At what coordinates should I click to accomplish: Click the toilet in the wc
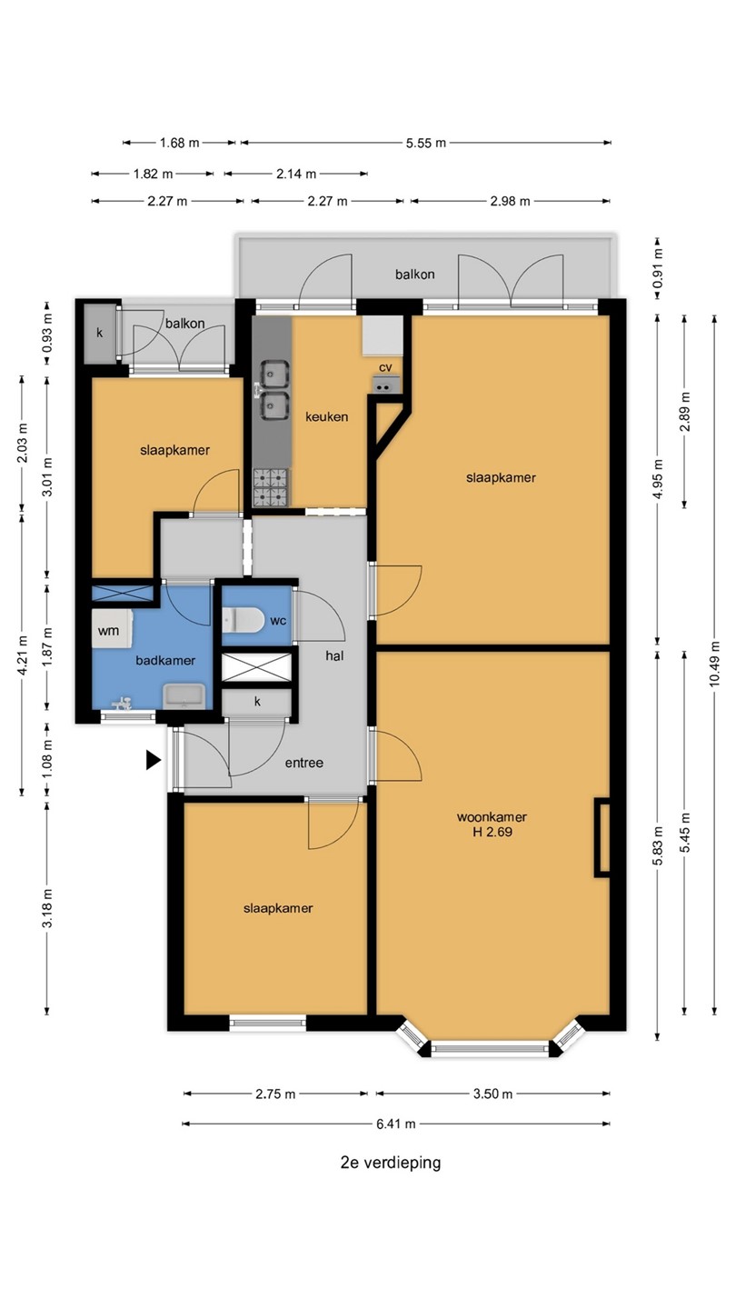point(243,620)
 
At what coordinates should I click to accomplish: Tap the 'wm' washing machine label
point(109,631)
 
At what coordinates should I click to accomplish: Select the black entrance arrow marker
point(153,760)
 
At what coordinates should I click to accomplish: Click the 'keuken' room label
point(326,416)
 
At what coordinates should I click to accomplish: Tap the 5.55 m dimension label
point(426,143)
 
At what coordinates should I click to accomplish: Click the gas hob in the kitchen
point(271,487)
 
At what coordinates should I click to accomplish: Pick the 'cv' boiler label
point(385,367)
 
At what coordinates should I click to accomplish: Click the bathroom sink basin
point(184,696)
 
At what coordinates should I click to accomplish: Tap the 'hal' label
point(334,655)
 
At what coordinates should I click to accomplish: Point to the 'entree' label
point(303,763)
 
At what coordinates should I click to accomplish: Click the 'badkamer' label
point(165,660)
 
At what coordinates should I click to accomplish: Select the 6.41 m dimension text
point(396,1124)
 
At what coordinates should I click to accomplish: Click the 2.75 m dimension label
point(275,1094)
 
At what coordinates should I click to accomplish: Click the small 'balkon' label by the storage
point(184,324)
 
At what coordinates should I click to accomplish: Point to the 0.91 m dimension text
point(658,268)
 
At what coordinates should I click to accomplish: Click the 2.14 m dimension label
point(296,174)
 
